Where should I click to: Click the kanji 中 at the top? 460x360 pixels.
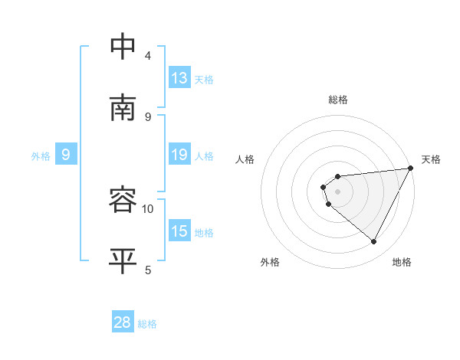[124, 47]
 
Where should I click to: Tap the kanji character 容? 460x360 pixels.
[124, 200]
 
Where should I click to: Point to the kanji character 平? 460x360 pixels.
[124, 260]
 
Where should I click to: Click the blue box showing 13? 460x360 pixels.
[179, 77]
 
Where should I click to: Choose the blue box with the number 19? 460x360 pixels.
[179, 154]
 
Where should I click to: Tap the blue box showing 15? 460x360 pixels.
[179, 231]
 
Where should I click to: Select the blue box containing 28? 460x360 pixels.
[123, 322]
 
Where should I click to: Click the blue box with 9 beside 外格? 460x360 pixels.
[66, 155]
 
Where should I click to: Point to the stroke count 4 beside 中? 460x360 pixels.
[148, 56]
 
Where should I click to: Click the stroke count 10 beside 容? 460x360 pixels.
[148, 208]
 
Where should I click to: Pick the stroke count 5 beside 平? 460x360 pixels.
[148, 270]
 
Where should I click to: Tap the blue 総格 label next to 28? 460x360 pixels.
[147, 324]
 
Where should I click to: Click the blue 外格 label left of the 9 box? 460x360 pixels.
[41, 156]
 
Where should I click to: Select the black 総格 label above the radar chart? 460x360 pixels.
[338, 100]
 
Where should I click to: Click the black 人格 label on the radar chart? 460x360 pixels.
[245, 159]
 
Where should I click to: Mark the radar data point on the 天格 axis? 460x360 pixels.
[411, 169]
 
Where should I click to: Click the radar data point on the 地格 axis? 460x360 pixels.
[374, 242]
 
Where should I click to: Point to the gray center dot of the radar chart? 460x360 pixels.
[337, 191]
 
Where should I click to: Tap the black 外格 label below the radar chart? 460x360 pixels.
[270, 263]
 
